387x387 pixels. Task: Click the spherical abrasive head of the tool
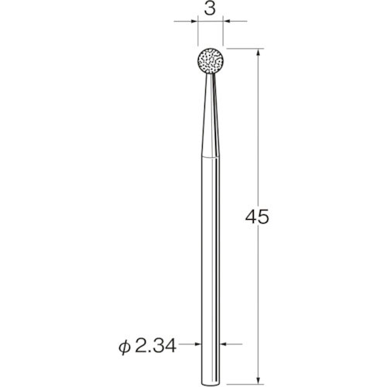pyautogui.click(x=209, y=62)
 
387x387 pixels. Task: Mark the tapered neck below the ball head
pyautogui.click(x=209, y=116)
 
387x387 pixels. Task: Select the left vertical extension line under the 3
pyautogui.click(x=196, y=35)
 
